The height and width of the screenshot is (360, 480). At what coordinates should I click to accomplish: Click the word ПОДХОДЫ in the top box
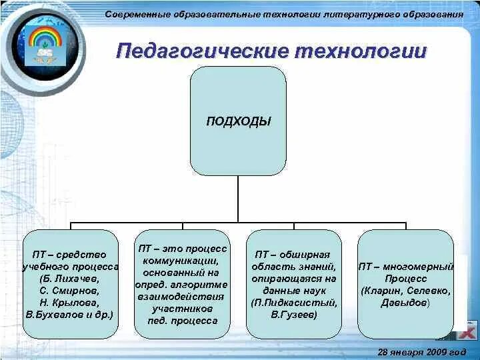238,121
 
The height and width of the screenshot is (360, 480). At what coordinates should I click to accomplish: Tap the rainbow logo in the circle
45,43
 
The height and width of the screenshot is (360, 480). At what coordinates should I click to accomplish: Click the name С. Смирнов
71,290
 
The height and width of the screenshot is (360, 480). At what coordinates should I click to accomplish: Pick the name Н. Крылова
71,301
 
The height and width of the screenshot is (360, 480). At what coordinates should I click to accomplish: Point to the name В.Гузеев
294,314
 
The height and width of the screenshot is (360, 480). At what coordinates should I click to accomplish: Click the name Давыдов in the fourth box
404,303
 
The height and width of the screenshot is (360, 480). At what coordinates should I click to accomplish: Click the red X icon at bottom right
469,331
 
